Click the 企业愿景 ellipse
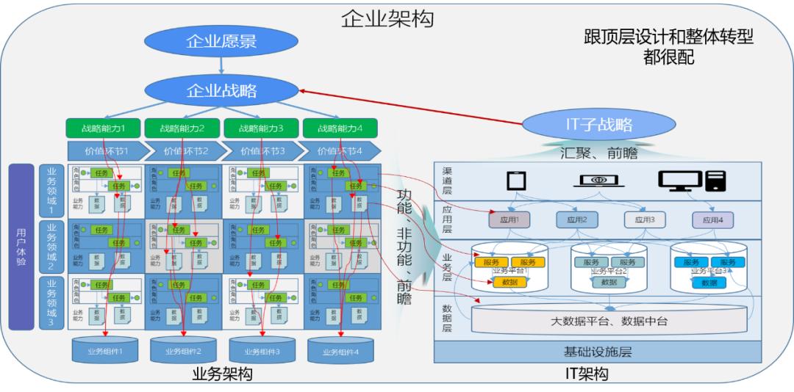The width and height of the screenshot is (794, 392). click(x=221, y=41)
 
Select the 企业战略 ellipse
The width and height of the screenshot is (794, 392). click(x=221, y=90)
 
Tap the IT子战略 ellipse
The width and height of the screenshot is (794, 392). click(x=599, y=124)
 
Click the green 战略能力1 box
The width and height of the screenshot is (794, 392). click(x=103, y=128)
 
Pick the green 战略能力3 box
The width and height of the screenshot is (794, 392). click(x=262, y=128)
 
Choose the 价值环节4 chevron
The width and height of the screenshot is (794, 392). click(x=342, y=151)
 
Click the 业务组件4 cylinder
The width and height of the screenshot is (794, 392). click(x=342, y=350)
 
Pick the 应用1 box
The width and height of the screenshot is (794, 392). click(x=509, y=219)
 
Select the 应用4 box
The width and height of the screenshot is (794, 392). click(x=712, y=219)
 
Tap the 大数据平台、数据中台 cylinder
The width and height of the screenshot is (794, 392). click(x=609, y=321)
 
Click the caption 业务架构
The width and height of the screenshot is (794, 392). click(x=221, y=374)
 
